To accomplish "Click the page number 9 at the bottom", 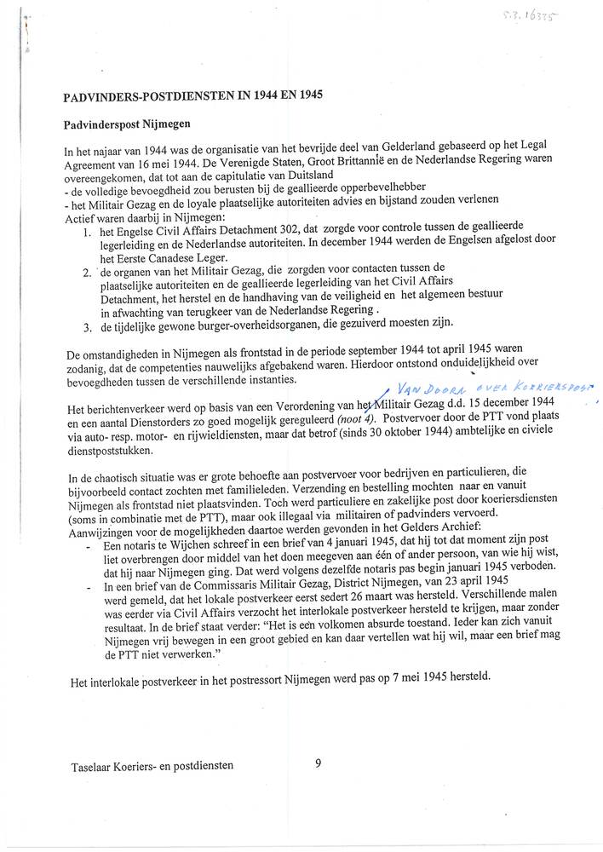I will coord(318,764).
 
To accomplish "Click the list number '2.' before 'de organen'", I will coord(89,273).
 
